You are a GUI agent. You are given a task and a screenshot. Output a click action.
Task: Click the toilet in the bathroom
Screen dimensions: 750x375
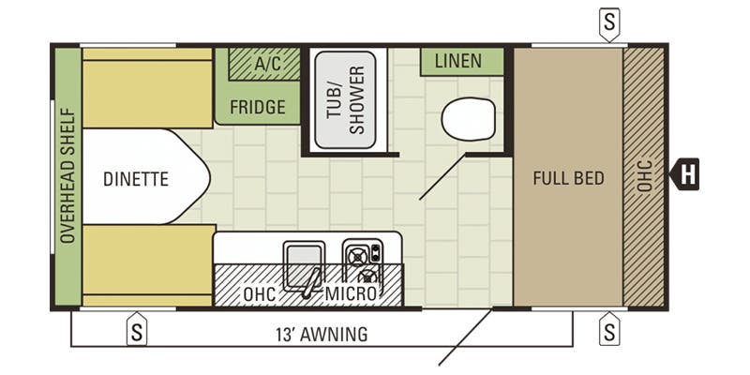[468, 119]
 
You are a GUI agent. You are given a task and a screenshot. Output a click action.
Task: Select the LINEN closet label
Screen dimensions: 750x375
[458, 61]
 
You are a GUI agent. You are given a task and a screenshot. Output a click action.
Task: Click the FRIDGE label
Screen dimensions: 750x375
[258, 107]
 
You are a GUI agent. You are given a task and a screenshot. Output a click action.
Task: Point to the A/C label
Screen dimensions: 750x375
[268, 63]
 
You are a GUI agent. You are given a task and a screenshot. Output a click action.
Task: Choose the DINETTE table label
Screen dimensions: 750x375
[136, 179]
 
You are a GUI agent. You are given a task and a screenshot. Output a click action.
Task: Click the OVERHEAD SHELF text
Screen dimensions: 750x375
[68, 176]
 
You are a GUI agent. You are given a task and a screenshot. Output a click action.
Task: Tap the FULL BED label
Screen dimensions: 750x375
[569, 178]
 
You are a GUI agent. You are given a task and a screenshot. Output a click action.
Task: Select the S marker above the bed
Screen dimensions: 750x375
[609, 23]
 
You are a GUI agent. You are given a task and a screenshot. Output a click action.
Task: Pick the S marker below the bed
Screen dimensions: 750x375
[609, 329]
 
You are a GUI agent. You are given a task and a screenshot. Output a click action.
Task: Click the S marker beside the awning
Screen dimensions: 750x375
[137, 329]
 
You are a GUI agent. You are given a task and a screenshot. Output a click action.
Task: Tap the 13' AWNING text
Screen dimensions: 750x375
[322, 334]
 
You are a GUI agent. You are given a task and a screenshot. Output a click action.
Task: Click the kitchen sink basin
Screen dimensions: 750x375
[304, 266]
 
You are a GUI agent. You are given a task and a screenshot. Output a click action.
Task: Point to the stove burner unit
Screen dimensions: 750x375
[363, 262]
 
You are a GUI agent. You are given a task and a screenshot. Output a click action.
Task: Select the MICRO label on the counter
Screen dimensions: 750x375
[351, 293]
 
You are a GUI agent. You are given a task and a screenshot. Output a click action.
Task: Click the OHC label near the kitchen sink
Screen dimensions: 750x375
[260, 294]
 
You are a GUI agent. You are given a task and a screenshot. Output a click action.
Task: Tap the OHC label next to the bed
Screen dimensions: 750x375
[644, 175]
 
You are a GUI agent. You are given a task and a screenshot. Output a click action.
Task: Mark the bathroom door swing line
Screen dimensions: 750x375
[442, 176]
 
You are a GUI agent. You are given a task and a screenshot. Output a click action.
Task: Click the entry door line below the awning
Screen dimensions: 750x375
[465, 337]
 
